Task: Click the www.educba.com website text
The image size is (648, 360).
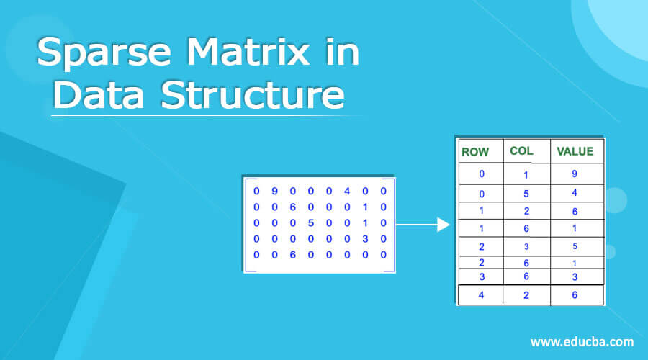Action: [x=582, y=341]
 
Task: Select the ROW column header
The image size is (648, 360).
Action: [x=475, y=151]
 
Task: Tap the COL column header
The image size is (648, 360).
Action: [x=521, y=150]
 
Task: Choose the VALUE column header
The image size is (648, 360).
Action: [x=575, y=151]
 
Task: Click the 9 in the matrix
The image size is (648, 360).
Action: [x=274, y=192]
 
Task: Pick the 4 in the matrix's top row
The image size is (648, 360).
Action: [x=347, y=192]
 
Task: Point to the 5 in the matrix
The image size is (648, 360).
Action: [x=310, y=223]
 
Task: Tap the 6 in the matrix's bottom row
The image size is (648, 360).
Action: [x=292, y=255]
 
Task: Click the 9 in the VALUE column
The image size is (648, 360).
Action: [x=575, y=174]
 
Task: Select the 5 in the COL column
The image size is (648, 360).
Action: [x=526, y=193]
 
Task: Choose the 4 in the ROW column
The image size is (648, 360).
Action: [x=481, y=294]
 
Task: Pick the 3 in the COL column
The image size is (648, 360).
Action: [x=526, y=246]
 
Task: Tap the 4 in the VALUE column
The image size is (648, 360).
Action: [x=575, y=193]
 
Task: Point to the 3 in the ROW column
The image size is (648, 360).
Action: [x=481, y=276]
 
